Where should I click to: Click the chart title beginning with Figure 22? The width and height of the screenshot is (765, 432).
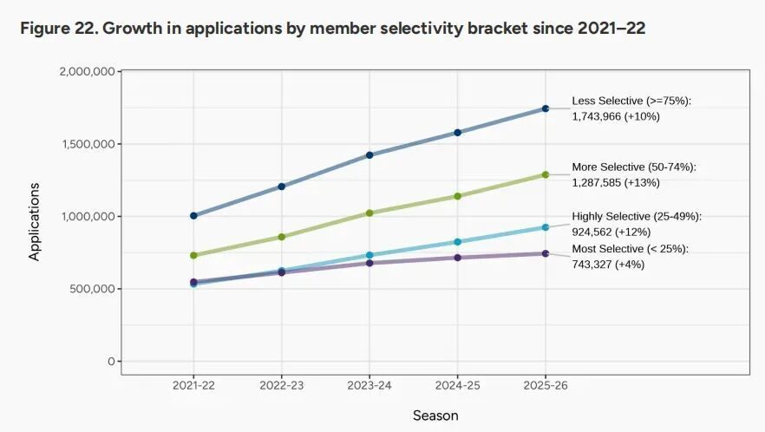pyautogui.click(x=332, y=29)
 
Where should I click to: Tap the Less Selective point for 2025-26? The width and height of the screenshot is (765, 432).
pyautogui.click(x=546, y=108)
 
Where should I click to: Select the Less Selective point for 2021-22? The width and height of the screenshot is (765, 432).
pyautogui.click(x=193, y=215)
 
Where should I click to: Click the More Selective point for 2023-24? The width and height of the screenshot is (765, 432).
pyautogui.click(x=369, y=213)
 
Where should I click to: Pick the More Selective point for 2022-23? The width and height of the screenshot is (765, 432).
pyautogui.click(x=282, y=237)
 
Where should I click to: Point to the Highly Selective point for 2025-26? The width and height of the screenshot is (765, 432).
pyautogui.click(x=546, y=227)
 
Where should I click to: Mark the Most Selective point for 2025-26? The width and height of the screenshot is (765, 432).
pyautogui.click(x=546, y=253)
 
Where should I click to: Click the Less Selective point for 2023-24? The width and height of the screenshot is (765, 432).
pyautogui.click(x=369, y=155)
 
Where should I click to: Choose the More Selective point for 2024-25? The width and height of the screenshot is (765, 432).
pyautogui.click(x=458, y=196)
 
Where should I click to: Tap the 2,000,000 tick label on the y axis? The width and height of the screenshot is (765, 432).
pyautogui.click(x=88, y=71)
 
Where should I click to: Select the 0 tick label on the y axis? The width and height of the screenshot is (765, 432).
pyautogui.click(x=111, y=361)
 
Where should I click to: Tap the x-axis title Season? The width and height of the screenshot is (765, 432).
pyautogui.click(x=435, y=416)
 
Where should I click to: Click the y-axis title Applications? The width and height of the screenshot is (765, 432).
pyautogui.click(x=35, y=221)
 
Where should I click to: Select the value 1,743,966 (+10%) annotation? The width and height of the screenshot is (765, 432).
pyautogui.click(x=616, y=116)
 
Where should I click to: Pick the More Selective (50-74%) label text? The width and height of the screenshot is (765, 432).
pyautogui.click(x=634, y=167)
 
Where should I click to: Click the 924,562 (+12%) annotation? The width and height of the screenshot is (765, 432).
pyautogui.click(x=611, y=232)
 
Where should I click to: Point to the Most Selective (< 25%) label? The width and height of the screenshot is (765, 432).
pyautogui.click(x=631, y=250)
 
